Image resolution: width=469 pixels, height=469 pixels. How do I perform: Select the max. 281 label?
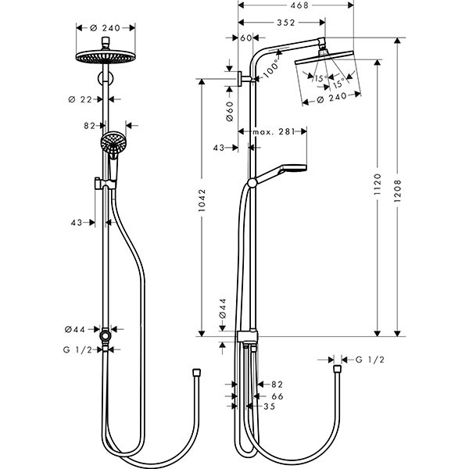click(x=272, y=132)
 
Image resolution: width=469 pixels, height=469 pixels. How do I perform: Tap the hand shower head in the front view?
click(x=113, y=144)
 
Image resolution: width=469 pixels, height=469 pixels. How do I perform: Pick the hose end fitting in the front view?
click(x=196, y=370)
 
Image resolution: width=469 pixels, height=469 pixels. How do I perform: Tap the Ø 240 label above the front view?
click(x=105, y=28)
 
